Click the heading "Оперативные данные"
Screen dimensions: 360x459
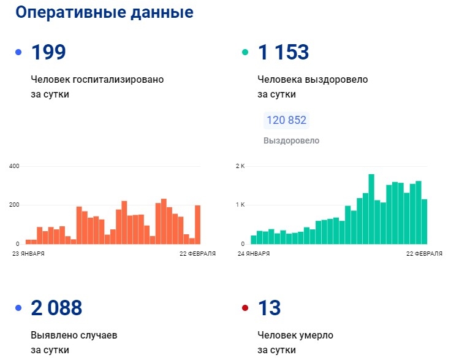click(x=104, y=12)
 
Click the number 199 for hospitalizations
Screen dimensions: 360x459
click(x=48, y=53)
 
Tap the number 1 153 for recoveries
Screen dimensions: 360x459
click(x=284, y=53)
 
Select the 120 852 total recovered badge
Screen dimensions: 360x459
click(x=286, y=120)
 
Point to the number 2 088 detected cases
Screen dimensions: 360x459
click(x=56, y=308)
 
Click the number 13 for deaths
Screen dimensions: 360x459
click(x=270, y=308)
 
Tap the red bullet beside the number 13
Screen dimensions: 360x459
click(x=245, y=308)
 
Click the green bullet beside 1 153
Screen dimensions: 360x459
click(x=245, y=53)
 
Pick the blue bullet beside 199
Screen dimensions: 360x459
click(x=18, y=53)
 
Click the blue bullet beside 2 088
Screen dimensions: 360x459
click(x=18, y=308)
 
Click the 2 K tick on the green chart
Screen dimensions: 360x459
click(x=241, y=166)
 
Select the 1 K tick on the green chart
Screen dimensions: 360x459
click(x=241, y=205)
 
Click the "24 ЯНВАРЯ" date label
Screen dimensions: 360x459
click(x=253, y=253)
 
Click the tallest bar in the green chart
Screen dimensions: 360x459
click(x=371, y=209)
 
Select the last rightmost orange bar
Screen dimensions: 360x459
click(x=198, y=224)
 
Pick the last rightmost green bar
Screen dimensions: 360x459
click(x=424, y=221)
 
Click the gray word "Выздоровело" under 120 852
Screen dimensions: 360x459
click(x=291, y=140)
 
